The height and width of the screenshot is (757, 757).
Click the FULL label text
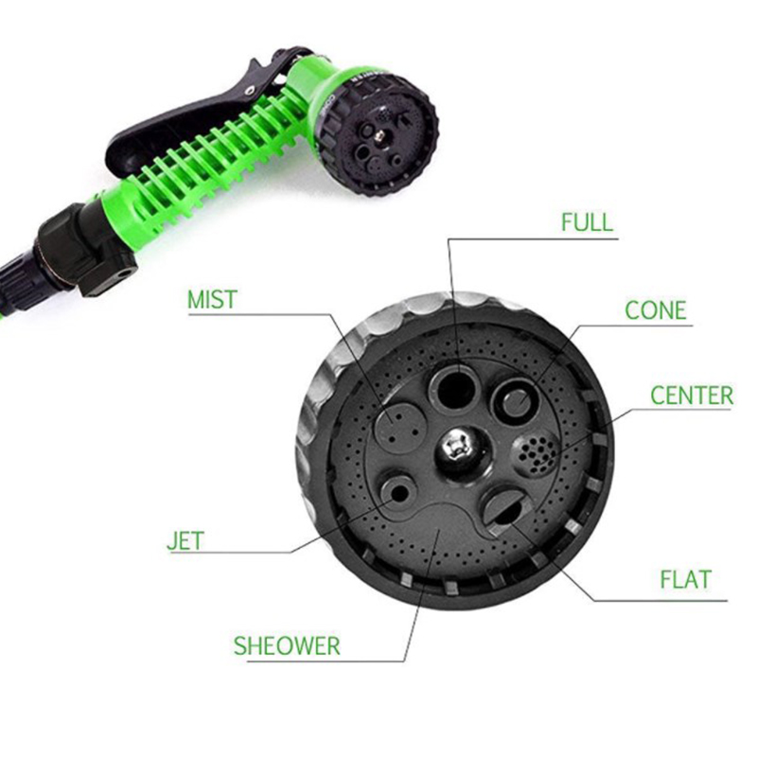pyautogui.click(x=587, y=222)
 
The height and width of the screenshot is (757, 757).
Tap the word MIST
pyautogui.click(x=212, y=299)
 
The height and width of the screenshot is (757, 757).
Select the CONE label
pyautogui.click(x=656, y=310)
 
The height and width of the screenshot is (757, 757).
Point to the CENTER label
pyautogui.click(x=692, y=396)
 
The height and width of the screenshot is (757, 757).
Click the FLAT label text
pyautogui.click(x=686, y=579)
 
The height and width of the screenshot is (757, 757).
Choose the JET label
pyautogui.click(x=185, y=540)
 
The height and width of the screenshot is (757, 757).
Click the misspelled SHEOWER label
pyautogui.click(x=287, y=646)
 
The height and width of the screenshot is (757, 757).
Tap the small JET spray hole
pyautogui.click(x=399, y=493)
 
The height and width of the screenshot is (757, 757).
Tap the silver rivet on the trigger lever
pyautogui.click(x=250, y=90)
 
